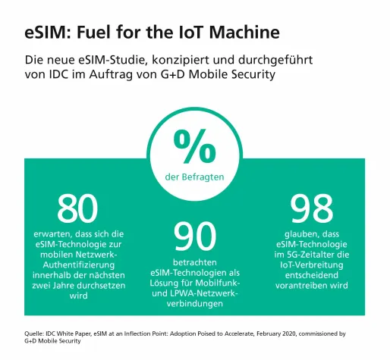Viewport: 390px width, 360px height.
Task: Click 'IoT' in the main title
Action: [x=190, y=33]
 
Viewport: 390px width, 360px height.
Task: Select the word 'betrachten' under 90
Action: [x=195, y=261]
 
